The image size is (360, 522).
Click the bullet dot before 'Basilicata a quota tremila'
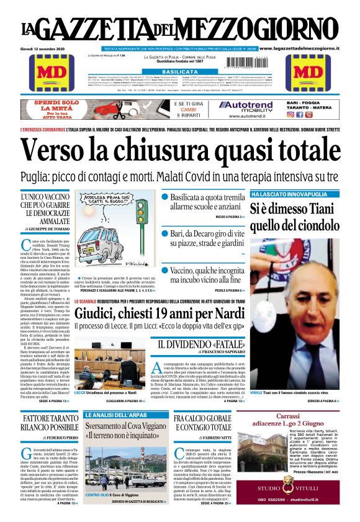165,196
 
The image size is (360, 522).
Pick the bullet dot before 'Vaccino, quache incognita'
165,271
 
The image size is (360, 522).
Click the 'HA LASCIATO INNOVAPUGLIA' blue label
282,194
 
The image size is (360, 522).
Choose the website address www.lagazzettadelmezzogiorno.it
307,48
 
